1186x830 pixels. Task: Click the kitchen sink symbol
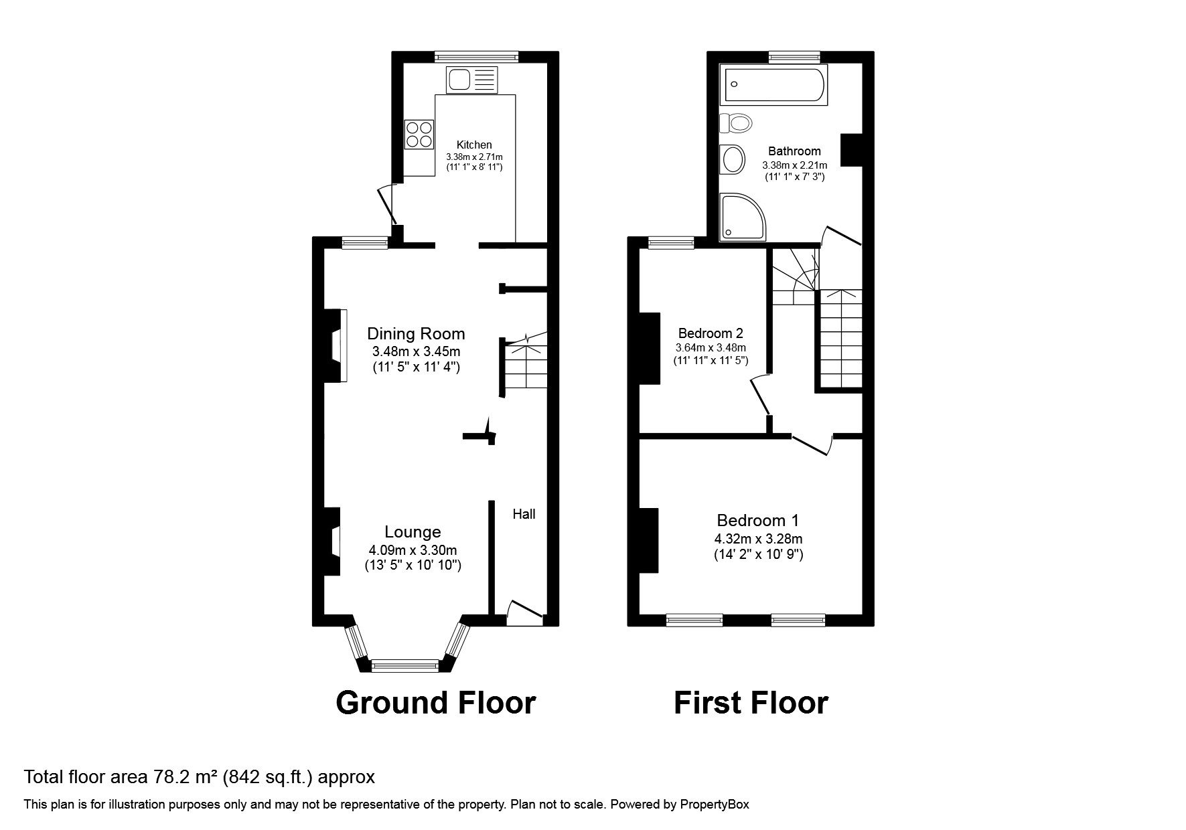click(471, 80)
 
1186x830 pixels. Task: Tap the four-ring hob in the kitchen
click(419, 134)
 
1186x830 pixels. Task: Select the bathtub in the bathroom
click(773, 84)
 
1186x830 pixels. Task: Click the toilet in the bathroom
click(736, 122)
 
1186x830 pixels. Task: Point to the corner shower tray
click(741, 217)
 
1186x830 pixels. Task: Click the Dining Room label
click(416, 333)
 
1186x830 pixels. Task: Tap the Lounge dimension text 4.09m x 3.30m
click(413, 550)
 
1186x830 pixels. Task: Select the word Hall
click(524, 514)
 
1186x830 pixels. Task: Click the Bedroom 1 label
click(757, 520)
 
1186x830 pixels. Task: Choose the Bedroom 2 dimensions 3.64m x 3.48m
click(711, 348)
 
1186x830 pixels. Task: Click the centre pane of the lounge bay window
click(404, 665)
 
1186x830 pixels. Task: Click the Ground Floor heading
click(435, 703)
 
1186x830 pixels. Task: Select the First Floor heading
click(751, 703)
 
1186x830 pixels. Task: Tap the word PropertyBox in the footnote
click(715, 805)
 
